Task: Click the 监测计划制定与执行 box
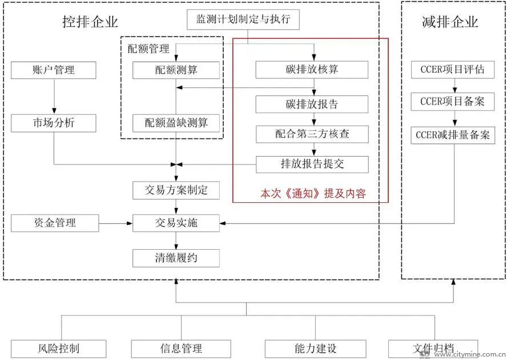pyautogui.click(x=243, y=19)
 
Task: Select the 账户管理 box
pyautogui.click(x=54, y=70)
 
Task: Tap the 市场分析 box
pyautogui.click(x=54, y=123)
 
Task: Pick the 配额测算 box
pyautogui.click(x=176, y=70)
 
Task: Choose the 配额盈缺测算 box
pyautogui.click(x=176, y=123)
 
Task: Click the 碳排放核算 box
pyautogui.click(x=312, y=70)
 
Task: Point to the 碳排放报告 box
pyautogui.click(x=312, y=105)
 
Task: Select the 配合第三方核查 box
pyautogui.click(x=312, y=134)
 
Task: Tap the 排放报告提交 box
pyautogui.click(x=312, y=165)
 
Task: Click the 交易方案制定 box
pyautogui.click(x=176, y=190)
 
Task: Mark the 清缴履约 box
pyautogui.click(x=176, y=258)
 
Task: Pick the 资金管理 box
pyautogui.click(x=55, y=223)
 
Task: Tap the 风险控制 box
pyautogui.click(x=59, y=349)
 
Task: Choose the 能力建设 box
pyautogui.click(x=316, y=349)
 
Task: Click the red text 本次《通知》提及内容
pyautogui.click(x=313, y=194)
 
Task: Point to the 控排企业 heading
pyautogui.click(x=90, y=22)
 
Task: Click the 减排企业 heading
pyautogui.click(x=450, y=22)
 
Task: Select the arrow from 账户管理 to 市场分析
pyautogui.click(x=54, y=97)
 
